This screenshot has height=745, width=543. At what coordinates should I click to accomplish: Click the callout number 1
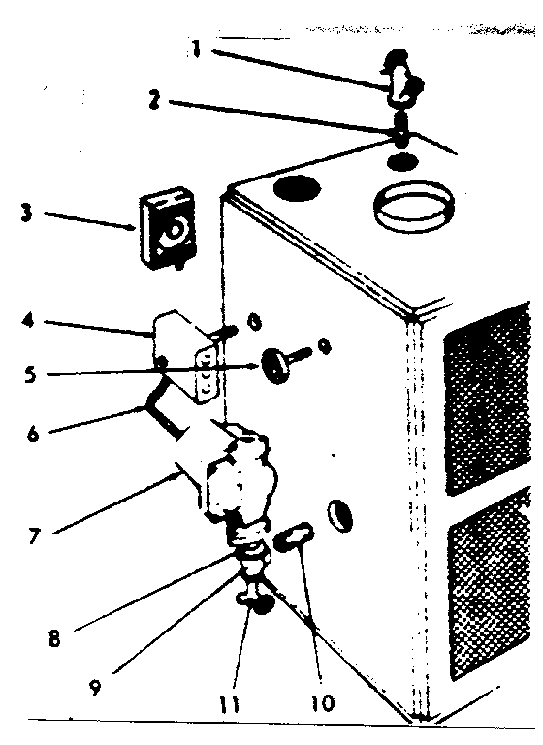(196, 49)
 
